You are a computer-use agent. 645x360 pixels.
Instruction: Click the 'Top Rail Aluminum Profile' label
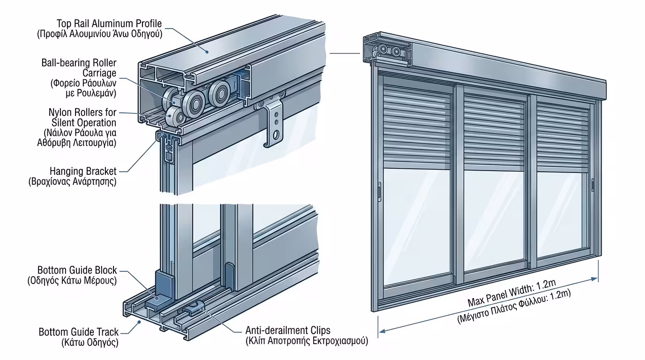(x=109, y=23)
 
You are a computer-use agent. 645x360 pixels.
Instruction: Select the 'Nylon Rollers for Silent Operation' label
(x=82, y=118)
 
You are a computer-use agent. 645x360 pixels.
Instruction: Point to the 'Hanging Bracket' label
(x=83, y=172)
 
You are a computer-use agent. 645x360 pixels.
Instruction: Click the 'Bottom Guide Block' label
(x=77, y=270)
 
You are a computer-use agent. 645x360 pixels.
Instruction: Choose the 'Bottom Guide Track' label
(x=79, y=332)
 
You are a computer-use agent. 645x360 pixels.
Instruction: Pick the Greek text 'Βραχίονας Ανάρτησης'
(x=72, y=182)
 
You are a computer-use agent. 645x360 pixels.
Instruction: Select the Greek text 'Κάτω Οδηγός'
(x=90, y=343)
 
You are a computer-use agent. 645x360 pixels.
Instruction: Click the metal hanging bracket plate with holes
(x=274, y=126)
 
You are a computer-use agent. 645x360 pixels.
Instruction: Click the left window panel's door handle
(x=379, y=191)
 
